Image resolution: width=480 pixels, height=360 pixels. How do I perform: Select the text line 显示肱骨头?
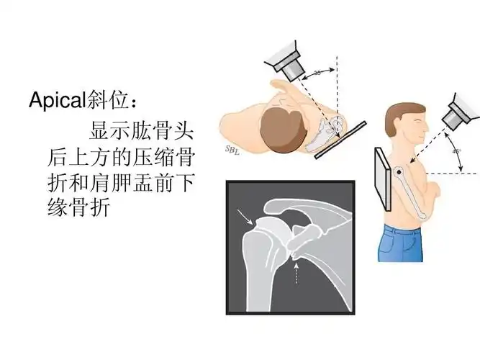[141, 132]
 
